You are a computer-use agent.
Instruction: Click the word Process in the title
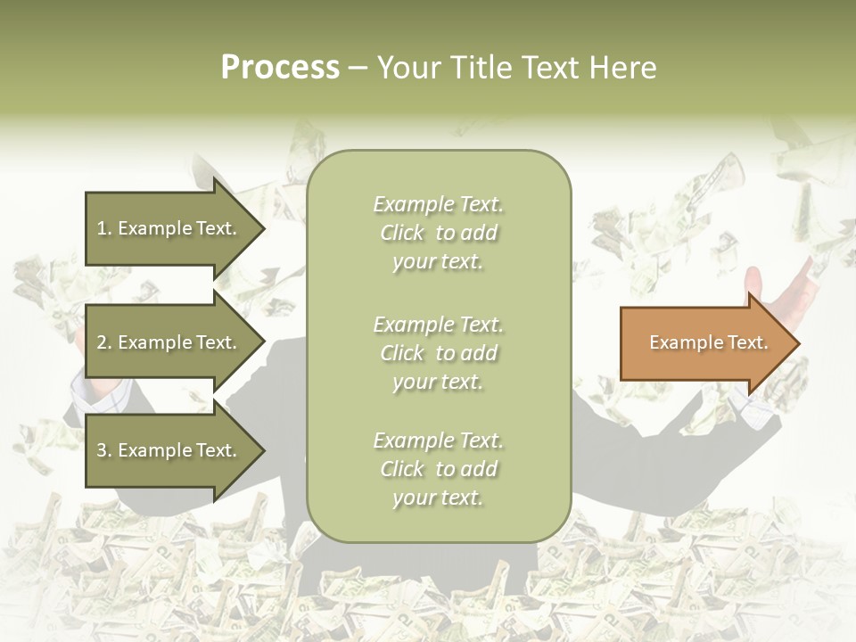280,68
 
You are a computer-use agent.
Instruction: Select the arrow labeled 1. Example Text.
169,228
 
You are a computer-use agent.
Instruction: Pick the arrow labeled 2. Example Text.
169,342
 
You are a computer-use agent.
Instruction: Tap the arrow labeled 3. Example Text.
169,451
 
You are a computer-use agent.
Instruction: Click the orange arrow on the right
704,343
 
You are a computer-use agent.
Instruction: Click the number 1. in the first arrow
104,228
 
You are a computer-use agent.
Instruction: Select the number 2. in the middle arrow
104,342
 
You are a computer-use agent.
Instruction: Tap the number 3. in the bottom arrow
104,451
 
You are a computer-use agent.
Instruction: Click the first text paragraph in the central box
438,233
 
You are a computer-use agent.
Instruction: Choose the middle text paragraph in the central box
438,353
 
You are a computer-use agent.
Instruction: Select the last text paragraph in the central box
438,469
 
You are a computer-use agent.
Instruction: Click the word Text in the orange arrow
747,342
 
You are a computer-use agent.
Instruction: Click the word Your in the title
407,68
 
